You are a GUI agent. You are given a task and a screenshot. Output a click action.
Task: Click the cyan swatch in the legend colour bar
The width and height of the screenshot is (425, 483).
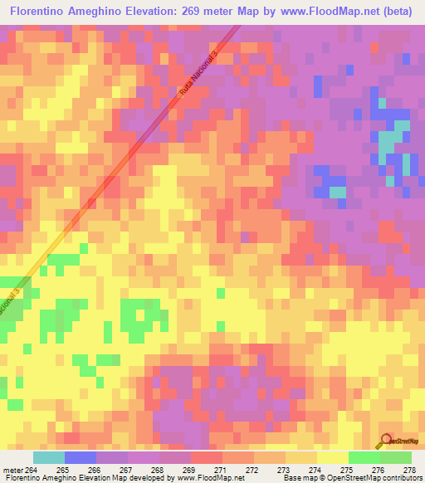click(x=49, y=458)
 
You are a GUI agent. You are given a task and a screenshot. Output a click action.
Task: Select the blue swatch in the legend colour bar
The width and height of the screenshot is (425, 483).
click(x=81, y=458)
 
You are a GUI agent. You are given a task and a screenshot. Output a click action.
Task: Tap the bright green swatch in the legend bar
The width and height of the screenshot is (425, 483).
click(x=364, y=458)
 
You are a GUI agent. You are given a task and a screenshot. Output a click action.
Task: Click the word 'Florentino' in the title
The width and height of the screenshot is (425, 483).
click(x=36, y=12)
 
